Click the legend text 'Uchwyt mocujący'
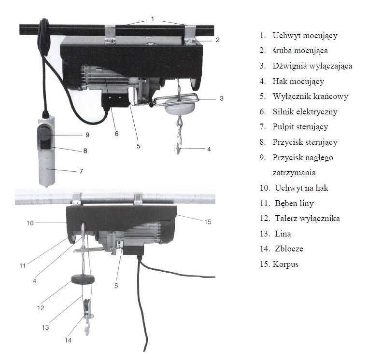coord(305,35)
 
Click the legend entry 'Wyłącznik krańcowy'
coord(310,96)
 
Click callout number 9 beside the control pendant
coord(87,134)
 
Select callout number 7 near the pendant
coord(81,171)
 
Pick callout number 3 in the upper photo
coord(221,98)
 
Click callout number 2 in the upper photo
coord(217,40)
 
